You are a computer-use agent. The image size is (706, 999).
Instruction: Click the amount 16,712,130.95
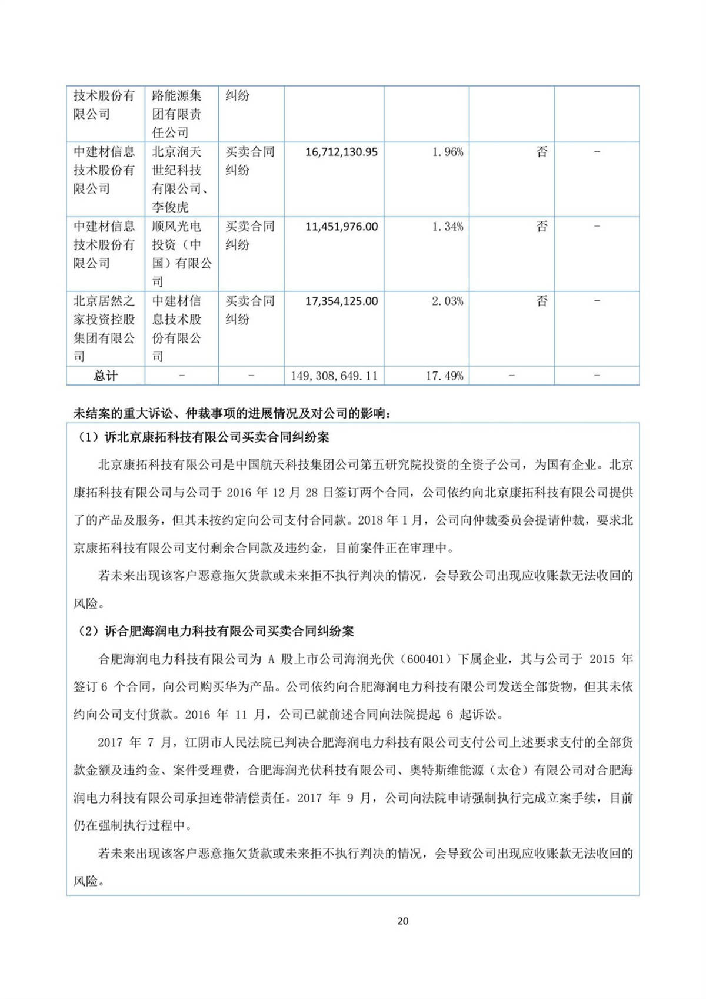[x=341, y=152]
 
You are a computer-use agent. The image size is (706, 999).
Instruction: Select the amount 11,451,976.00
[x=341, y=227]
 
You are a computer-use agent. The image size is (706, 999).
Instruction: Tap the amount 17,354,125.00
[x=341, y=301]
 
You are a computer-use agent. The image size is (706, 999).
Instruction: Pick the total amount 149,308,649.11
[x=334, y=376]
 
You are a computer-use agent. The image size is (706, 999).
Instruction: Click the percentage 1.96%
[x=448, y=152]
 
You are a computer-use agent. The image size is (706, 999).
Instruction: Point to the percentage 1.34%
[x=448, y=227]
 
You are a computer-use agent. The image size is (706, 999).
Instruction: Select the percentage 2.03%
[x=448, y=301]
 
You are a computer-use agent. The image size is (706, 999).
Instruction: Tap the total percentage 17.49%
[x=445, y=376]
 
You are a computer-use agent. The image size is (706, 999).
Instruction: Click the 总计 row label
[x=106, y=376]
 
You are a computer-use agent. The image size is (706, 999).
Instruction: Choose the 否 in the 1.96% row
[x=542, y=152]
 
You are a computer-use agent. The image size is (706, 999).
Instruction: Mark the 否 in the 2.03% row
[x=542, y=301]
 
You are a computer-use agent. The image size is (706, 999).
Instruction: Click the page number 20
[x=403, y=921]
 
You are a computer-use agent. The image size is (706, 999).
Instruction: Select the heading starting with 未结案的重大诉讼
[x=232, y=413]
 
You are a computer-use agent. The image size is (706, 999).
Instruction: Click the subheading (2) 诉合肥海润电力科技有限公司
[x=217, y=632]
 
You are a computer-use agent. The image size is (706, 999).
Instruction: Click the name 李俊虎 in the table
[x=171, y=207]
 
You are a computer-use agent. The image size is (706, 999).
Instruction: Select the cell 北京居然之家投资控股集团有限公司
[x=105, y=328]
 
